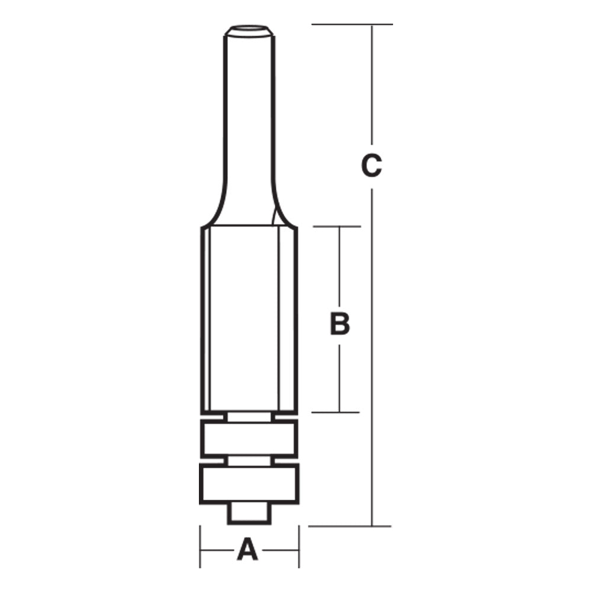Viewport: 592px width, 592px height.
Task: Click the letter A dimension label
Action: [x=248, y=550]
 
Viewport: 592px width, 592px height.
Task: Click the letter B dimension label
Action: [x=339, y=324]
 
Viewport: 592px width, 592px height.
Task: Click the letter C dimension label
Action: [x=371, y=166]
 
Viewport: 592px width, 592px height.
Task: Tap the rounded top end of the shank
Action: [x=248, y=30]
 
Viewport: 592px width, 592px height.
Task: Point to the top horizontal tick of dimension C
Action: [x=352, y=24]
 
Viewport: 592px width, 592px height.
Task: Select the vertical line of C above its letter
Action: [x=371, y=89]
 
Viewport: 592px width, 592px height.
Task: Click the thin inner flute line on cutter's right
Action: [x=278, y=320]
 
